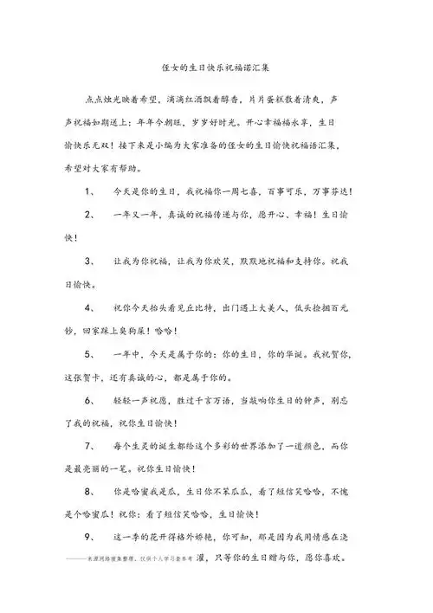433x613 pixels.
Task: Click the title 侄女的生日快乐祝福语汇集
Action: pyautogui.click(x=216, y=65)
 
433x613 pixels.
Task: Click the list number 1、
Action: pyautogui.click(x=91, y=190)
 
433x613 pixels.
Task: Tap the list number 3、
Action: pyautogui.click(x=91, y=261)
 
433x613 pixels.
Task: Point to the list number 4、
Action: pyautogui.click(x=91, y=307)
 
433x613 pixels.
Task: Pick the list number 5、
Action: pyautogui.click(x=91, y=354)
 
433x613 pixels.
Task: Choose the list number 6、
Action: pyautogui.click(x=91, y=401)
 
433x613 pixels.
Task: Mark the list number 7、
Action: pyautogui.click(x=91, y=448)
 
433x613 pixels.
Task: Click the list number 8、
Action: pyautogui.click(x=91, y=494)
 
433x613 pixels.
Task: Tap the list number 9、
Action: pyautogui.click(x=91, y=541)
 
